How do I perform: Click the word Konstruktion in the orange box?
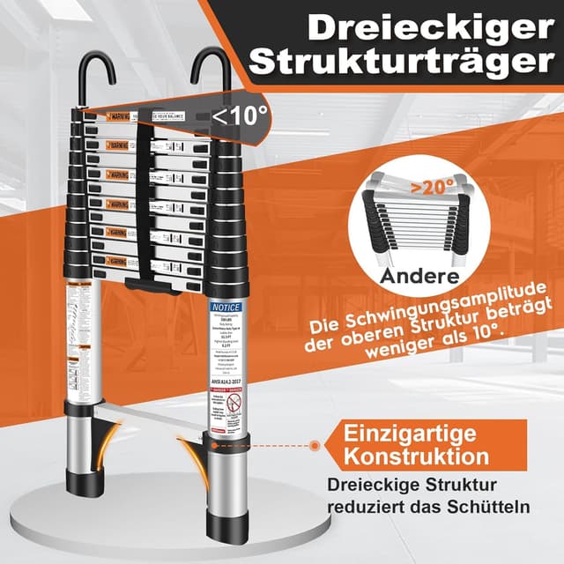416,456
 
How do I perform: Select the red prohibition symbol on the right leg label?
231,404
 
